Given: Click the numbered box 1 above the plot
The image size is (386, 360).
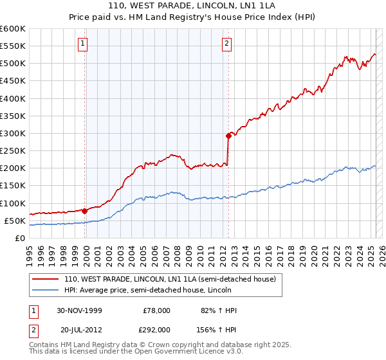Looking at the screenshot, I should pos(84,44).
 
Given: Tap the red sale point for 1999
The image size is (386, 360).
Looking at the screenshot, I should pos(85,210).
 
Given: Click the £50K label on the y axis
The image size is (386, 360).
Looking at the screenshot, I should pos(15,221).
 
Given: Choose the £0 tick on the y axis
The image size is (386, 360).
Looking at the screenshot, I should pos(21,238).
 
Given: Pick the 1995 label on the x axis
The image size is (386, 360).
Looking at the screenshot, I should pos(30,251).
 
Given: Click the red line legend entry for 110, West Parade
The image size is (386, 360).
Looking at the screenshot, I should pos(170,279).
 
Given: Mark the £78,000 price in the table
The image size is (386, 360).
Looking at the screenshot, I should pos(156,310).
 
